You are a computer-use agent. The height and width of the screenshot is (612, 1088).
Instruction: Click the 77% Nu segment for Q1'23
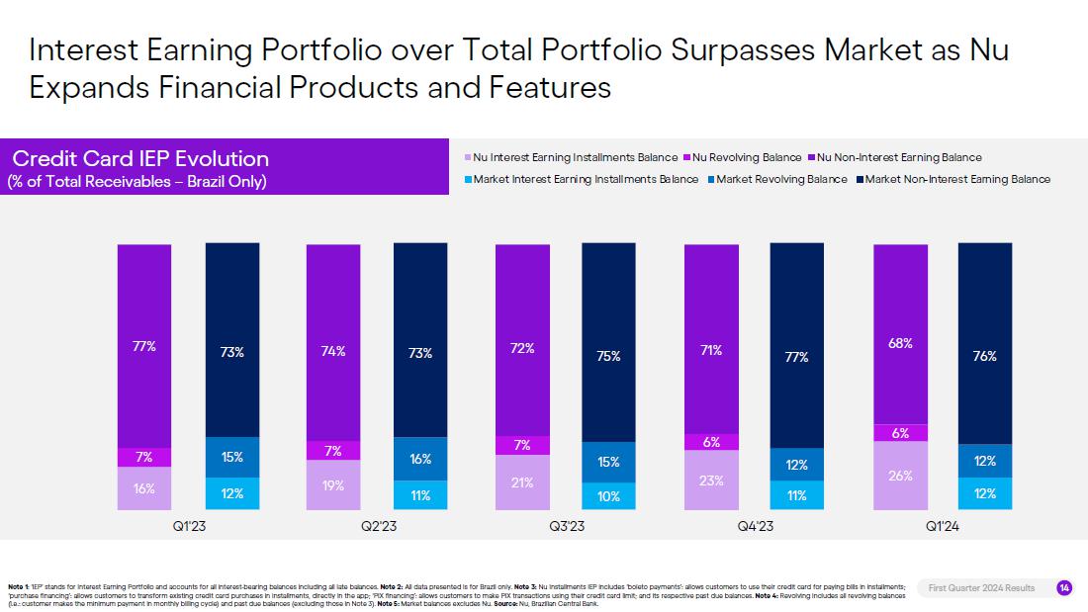click(144, 346)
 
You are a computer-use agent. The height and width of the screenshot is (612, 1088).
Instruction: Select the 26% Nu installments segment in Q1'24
click(900, 475)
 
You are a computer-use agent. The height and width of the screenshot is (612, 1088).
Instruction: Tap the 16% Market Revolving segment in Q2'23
click(420, 459)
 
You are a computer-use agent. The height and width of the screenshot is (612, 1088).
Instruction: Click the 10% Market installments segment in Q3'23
click(608, 496)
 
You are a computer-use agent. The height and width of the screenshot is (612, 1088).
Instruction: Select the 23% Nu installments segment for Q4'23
click(711, 480)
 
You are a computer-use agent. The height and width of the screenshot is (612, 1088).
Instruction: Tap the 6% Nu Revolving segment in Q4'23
click(711, 442)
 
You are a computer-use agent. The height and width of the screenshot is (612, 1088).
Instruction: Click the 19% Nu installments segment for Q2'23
click(333, 484)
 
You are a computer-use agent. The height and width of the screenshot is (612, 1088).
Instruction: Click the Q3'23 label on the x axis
click(567, 527)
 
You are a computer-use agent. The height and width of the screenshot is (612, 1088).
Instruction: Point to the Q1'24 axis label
click(944, 527)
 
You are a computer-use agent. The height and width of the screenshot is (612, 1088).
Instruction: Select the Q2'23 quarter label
click(378, 527)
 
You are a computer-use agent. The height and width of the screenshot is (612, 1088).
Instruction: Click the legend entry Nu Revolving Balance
click(747, 157)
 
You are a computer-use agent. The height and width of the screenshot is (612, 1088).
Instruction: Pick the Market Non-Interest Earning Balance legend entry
click(957, 179)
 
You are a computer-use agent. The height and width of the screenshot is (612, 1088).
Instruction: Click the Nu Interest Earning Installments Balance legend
click(575, 157)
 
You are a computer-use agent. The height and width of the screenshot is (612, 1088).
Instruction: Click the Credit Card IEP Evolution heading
click(140, 159)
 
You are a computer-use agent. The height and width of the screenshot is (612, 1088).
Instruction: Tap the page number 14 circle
click(1064, 588)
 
